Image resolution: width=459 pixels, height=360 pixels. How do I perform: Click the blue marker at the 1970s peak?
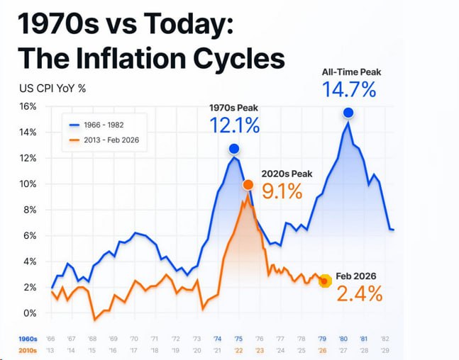click(234, 149)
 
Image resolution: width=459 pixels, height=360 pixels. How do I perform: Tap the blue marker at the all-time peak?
click(348, 113)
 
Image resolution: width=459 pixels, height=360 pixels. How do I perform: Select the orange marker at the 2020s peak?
click(248, 185)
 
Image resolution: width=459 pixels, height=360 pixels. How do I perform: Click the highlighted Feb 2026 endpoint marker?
click(325, 281)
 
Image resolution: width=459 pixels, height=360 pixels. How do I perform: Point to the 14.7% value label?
click(348, 90)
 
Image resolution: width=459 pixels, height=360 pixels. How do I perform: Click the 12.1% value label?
click(234, 125)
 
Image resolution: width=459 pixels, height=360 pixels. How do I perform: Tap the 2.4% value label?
click(359, 293)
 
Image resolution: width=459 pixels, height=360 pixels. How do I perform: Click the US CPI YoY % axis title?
click(52, 89)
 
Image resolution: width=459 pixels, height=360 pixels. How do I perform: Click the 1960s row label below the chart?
click(29, 339)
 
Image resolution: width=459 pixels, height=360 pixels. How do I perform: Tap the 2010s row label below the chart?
click(29, 350)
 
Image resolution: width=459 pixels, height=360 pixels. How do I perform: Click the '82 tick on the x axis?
click(384, 339)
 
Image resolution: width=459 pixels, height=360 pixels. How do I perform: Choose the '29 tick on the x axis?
click(384, 350)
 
